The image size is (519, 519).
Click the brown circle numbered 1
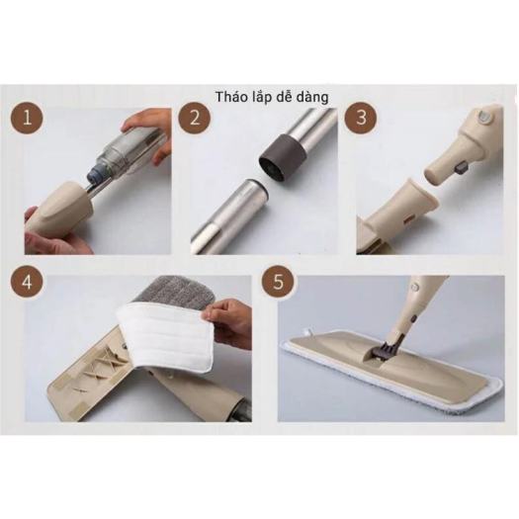(x=27, y=118)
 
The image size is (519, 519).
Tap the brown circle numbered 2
(x=195, y=118)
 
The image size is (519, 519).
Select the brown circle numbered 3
(x=361, y=118)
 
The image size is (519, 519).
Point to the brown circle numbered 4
(x=27, y=283)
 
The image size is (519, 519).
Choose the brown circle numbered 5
(x=278, y=283)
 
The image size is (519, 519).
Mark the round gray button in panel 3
(x=484, y=118)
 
